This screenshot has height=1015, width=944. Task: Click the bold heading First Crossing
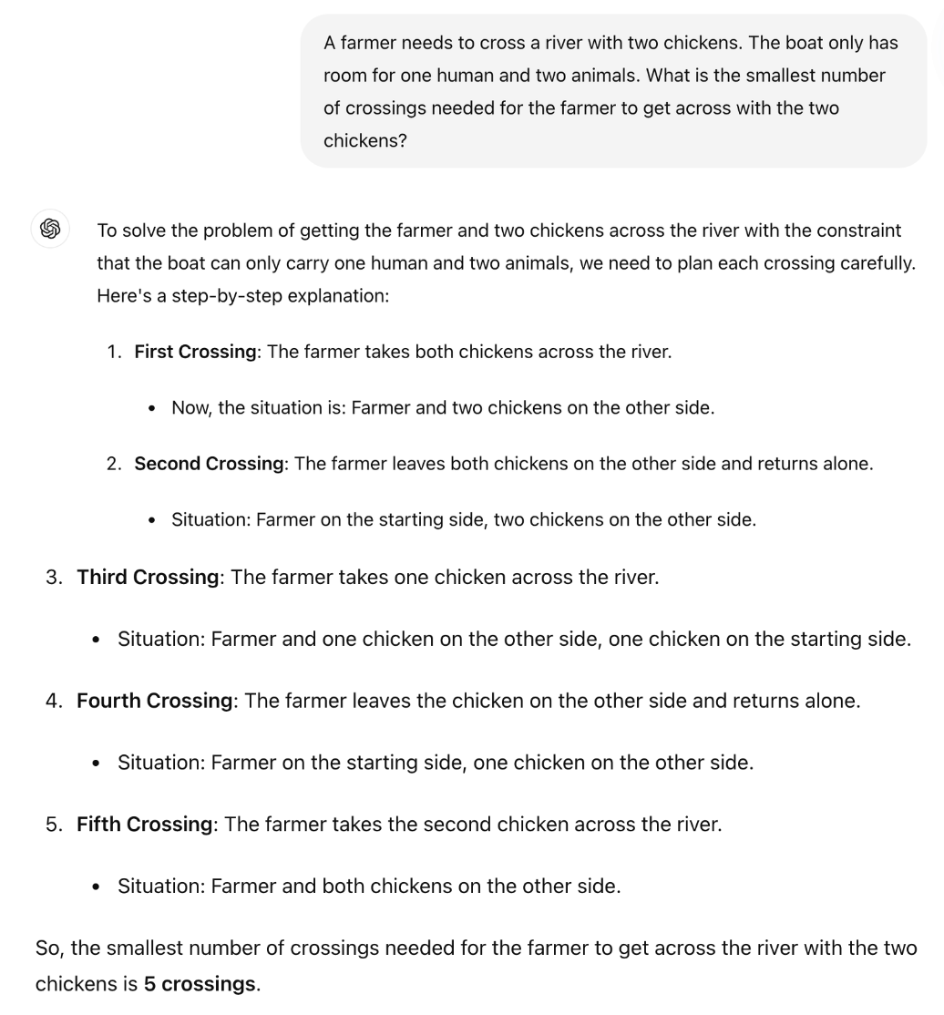click(195, 352)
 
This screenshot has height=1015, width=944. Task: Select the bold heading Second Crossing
click(209, 463)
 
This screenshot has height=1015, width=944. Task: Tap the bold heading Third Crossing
click(148, 577)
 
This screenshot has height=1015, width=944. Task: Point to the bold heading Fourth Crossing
click(155, 701)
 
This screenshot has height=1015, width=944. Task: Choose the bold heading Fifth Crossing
click(144, 824)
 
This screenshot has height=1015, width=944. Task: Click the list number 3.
click(53, 577)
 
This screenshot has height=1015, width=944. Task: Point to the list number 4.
click(53, 701)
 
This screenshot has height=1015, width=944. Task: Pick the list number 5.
click(53, 824)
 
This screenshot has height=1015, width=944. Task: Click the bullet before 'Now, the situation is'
click(152, 408)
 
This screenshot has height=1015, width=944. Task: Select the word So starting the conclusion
click(47, 948)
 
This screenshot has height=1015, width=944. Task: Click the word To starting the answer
click(108, 231)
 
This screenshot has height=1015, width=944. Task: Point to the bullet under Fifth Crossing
click(96, 886)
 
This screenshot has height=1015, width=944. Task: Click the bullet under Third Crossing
click(96, 640)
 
